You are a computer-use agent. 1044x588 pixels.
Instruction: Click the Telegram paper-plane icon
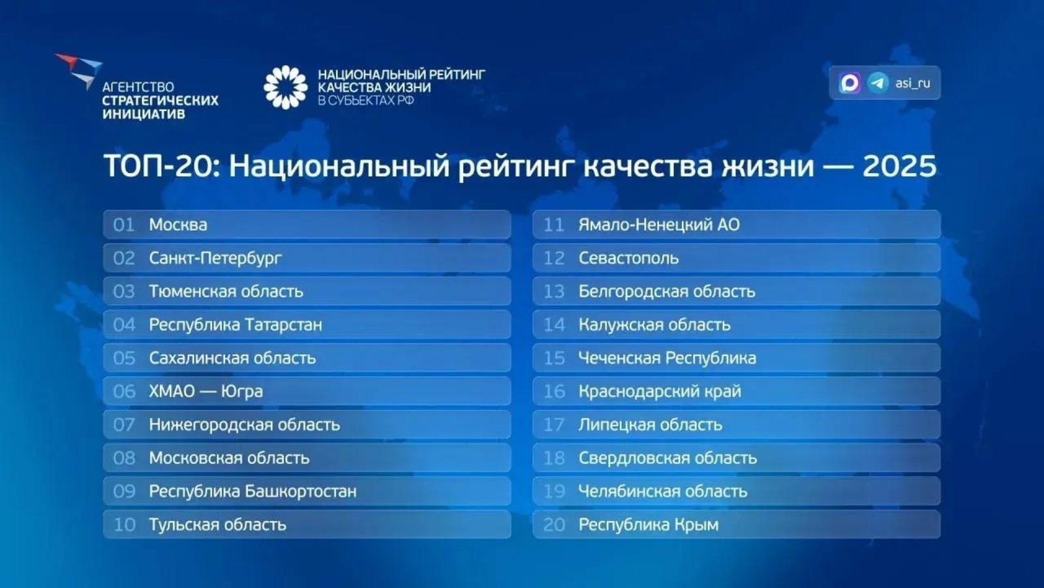(x=878, y=83)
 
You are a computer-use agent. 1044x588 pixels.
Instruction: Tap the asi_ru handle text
(x=913, y=83)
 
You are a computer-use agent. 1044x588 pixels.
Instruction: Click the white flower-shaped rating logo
(x=285, y=87)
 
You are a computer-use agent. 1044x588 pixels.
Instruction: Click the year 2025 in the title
(x=899, y=166)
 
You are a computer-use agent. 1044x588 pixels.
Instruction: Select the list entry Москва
(x=178, y=225)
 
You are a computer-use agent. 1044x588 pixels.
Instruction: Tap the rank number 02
(x=124, y=258)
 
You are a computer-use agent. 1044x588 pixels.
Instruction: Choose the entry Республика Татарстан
(x=235, y=325)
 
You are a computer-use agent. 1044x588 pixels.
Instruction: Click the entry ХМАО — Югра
(x=206, y=391)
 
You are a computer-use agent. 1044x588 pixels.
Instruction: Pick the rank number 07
(x=124, y=425)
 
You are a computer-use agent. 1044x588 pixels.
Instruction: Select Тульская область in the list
(x=217, y=525)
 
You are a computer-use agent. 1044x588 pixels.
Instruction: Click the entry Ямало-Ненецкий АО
(x=659, y=225)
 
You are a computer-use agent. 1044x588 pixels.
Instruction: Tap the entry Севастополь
(x=628, y=258)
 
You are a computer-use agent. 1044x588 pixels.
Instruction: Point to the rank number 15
(x=554, y=358)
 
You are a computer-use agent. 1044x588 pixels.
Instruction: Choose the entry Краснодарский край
(x=660, y=391)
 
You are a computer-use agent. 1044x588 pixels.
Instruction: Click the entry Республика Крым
(x=649, y=525)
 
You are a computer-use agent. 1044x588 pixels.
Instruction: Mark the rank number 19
(x=554, y=491)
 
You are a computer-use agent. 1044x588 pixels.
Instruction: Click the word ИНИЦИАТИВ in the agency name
(x=144, y=114)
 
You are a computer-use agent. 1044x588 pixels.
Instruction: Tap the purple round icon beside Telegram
(x=850, y=83)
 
